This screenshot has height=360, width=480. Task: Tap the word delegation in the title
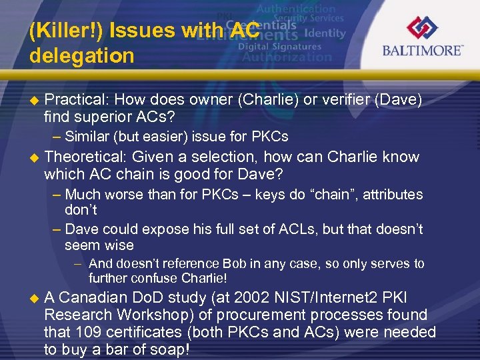81,55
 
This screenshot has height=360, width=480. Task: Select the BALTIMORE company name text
422,51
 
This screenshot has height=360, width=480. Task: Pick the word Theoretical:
85,157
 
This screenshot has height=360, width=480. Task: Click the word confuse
153,278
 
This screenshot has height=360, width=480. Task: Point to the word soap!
169,349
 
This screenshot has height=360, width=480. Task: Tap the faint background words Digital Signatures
279,47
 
